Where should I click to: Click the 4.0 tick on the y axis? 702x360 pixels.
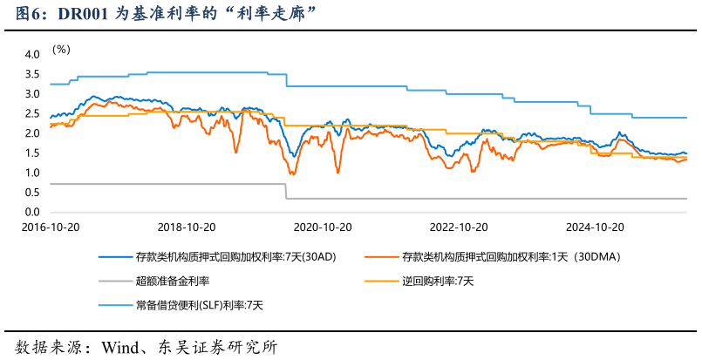pyautogui.click(x=31, y=54)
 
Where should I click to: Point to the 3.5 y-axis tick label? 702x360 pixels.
pyautogui.click(x=31, y=74)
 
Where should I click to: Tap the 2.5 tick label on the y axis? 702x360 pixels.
pyautogui.click(x=31, y=113)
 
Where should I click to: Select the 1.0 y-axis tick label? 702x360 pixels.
pyautogui.click(x=31, y=173)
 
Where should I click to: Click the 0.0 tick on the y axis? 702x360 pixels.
pyautogui.click(x=31, y=213)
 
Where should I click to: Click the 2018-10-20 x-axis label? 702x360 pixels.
pyautogui.click(x=187, y=227)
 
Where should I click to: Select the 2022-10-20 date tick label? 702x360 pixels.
pyautogui.click(x=459, y=227)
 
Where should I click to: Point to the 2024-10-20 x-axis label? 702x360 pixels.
pyautogui.click(x=596, y=227)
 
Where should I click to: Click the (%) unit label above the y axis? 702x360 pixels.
pyautogui.click(x=61, y=49)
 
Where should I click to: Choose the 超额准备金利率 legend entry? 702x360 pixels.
pyautogui.click(x=172, y=281)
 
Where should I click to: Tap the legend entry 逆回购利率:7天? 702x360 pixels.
pyautogui.click(x=439, y=281)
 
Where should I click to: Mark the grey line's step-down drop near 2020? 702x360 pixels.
pyautogui.click(x=287, y=192)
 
